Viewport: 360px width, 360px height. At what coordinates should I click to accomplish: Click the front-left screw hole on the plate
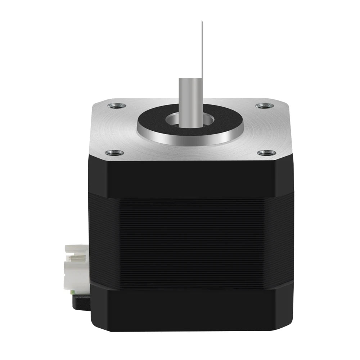coord(114,153)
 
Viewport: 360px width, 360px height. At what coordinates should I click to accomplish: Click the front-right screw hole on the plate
coord(266,153)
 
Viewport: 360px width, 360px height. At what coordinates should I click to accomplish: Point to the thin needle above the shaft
coord(203,54)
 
